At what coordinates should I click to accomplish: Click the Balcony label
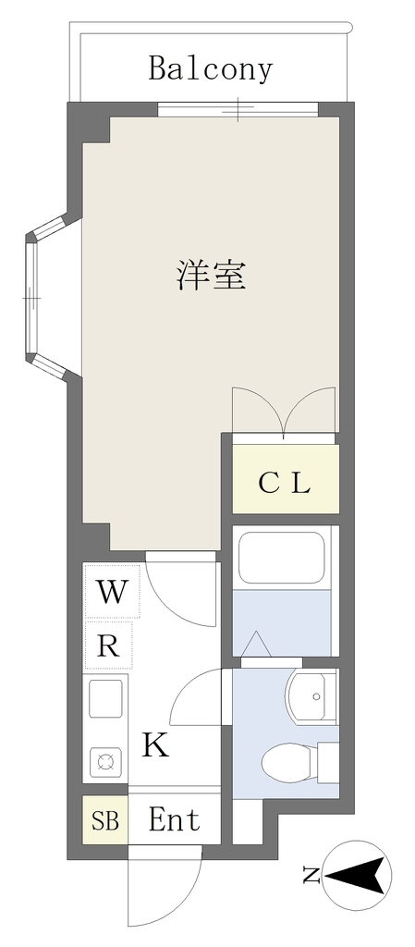211,69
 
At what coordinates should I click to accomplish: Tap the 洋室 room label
211,275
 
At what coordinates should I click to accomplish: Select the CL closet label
284,482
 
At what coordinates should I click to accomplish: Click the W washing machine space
112,591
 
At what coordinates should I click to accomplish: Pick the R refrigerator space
108,645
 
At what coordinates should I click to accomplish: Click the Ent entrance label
174,820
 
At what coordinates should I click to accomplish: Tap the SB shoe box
105,821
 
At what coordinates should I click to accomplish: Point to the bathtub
281,558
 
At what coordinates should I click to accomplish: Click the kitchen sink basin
106,699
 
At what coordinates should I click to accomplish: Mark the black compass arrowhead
355,874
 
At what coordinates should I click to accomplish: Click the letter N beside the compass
311,874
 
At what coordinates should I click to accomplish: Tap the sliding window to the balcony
238,109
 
